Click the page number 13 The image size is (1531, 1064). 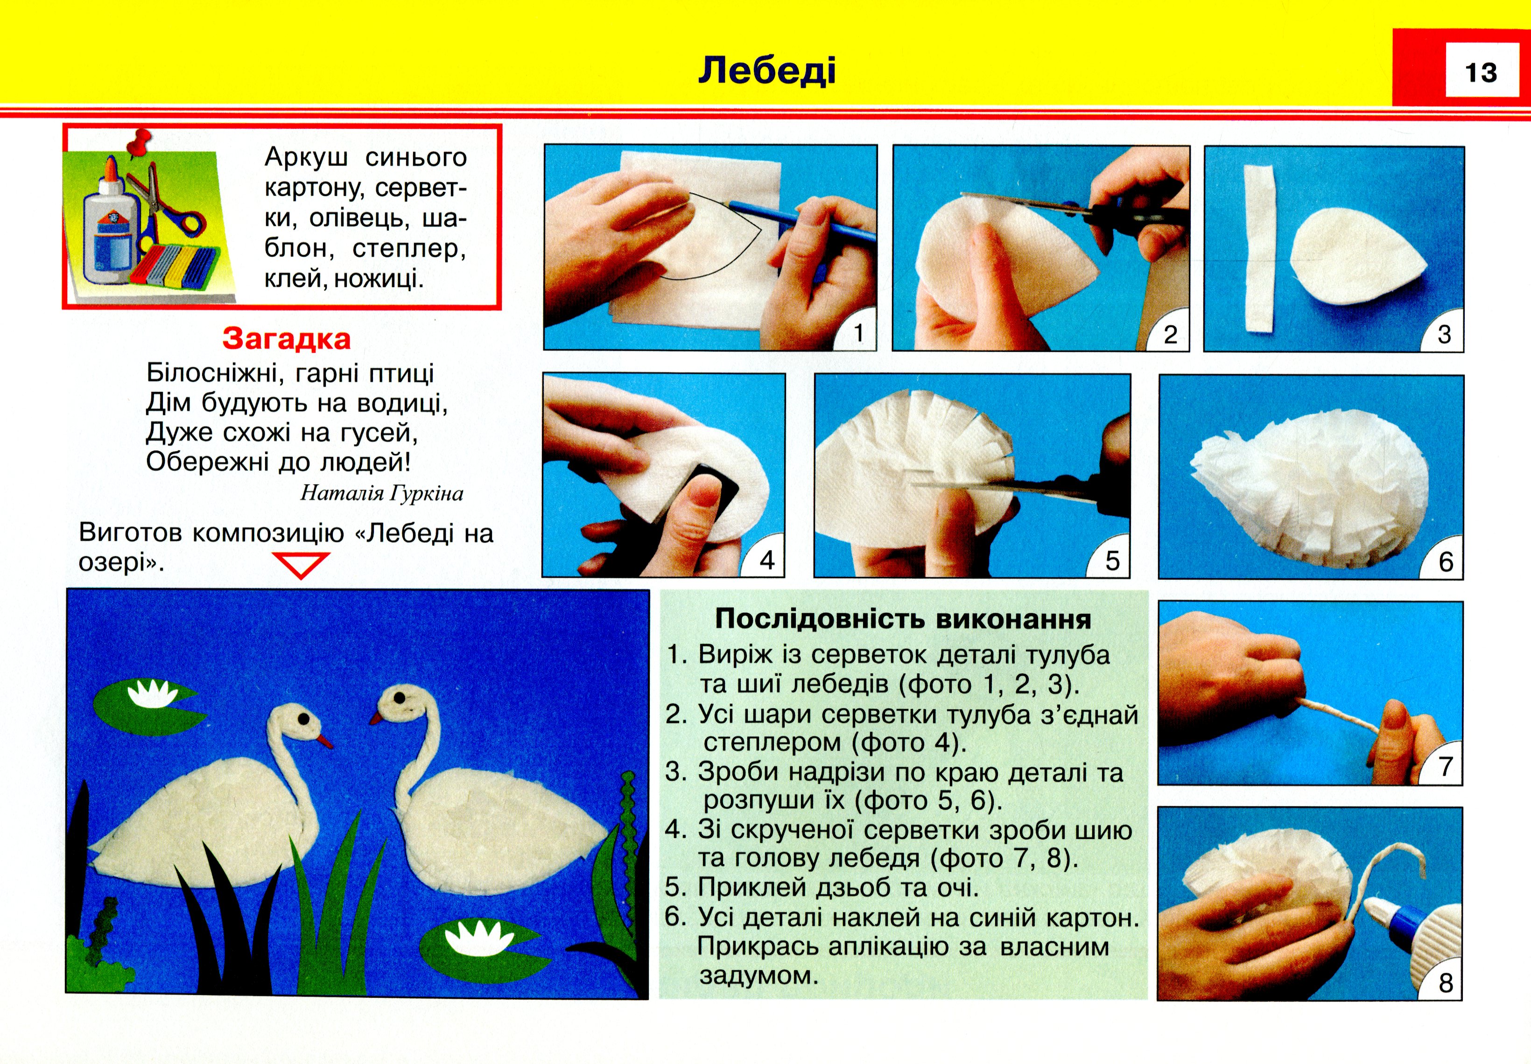1480,72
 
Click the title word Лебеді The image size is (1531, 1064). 767,70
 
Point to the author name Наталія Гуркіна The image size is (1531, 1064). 381,493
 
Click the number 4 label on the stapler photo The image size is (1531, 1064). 767,560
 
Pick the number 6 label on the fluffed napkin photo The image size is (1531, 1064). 1446,561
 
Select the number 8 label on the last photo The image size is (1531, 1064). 1446,983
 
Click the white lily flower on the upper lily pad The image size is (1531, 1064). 151,695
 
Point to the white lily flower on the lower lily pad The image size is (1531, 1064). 475,938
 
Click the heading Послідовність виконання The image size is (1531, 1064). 903,619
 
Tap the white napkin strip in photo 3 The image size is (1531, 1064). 1259,247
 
